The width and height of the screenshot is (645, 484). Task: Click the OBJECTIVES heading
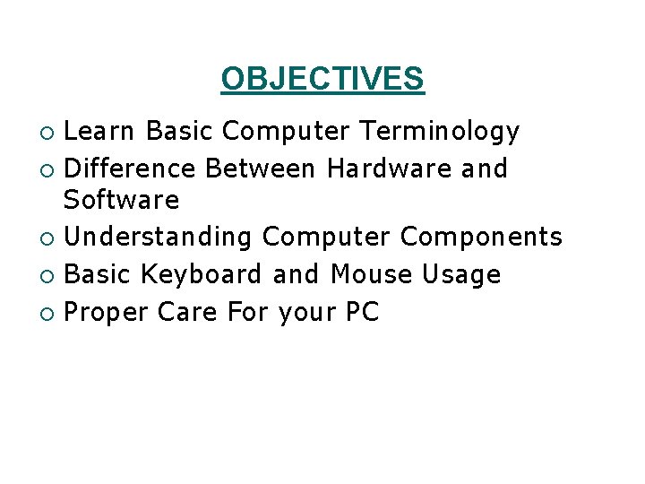(x=322, y=79)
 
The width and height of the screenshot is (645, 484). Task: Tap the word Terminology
(x=439, y=132)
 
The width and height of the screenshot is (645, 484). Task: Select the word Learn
(x=100, y=132)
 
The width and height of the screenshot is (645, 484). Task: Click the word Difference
(x=131, y=169)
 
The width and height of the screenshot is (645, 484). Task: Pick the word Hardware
(x=390, y=169)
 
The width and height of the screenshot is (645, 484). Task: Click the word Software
(x=122, y=200)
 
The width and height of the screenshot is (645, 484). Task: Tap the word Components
(x=481, y=238)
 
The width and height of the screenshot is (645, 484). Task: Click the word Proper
(x=107, y=312)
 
